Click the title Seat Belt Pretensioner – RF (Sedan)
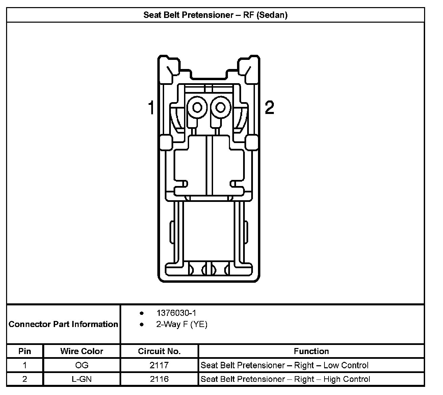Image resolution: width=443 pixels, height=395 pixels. [215, 15]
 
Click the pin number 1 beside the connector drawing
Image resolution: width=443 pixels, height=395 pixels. [151, 107]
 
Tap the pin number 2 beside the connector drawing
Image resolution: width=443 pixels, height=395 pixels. [269, 107]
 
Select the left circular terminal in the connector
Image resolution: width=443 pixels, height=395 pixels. [197, 107]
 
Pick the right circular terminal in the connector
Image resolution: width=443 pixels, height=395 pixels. [220, 107]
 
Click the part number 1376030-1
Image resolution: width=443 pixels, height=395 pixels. [176, 313]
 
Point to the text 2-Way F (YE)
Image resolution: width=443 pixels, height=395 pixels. [182, 324]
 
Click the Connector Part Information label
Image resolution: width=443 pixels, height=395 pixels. [63, 324]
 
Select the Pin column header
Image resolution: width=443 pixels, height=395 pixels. [25, 351]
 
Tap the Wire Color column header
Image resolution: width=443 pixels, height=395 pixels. [82, 351]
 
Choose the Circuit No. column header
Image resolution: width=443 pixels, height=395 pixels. [159, 351]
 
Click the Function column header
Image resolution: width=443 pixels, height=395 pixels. [311, 351]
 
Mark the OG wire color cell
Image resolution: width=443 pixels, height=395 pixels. [82, 365]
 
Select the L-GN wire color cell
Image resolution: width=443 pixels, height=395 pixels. [82, 379]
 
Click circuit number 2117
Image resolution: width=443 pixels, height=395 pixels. [159, 365]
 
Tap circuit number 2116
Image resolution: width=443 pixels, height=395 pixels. [159, 379]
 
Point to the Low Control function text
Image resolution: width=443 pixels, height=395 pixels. [285, 365]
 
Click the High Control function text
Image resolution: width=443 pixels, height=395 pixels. [285, 379]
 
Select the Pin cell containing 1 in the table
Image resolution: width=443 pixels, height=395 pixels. [25, 365]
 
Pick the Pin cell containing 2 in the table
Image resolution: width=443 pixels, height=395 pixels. [25, 379]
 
